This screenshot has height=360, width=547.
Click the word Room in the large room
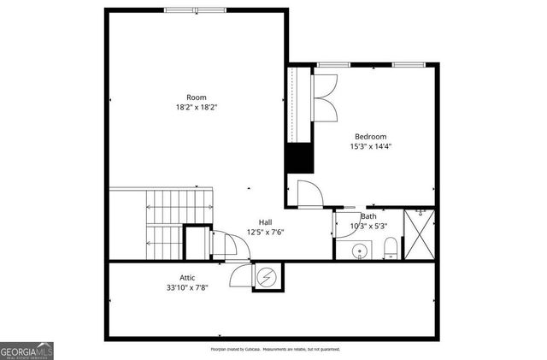196,97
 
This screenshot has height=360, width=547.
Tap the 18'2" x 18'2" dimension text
196,108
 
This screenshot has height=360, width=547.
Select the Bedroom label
371,136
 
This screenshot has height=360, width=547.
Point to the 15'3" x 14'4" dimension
371,146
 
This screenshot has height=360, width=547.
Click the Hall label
266,221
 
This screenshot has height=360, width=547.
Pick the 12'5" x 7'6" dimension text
266,232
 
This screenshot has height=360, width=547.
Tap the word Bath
368,216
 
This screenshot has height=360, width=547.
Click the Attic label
187,277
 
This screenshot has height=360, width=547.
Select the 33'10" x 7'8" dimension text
187,287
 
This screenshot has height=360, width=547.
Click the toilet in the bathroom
390,249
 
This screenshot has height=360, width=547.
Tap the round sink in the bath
361,251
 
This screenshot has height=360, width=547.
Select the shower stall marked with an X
418,233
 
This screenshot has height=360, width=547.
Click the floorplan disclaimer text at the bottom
275,350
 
